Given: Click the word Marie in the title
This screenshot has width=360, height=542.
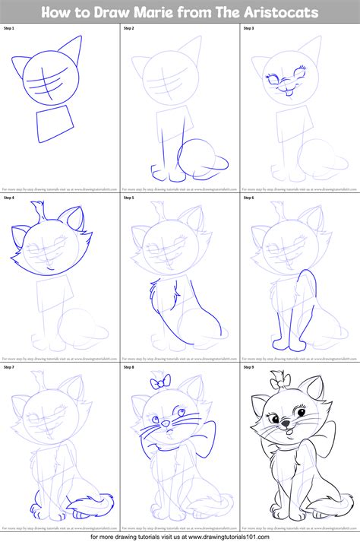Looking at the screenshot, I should tap(160, 11).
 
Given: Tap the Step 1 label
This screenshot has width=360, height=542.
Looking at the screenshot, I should tap(9, 28).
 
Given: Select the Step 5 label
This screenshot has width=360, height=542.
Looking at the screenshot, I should tap(129, 197).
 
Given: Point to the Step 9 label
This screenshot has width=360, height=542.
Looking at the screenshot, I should tap(248, 367).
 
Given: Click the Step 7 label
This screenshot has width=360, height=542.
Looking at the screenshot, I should tap(9, 367).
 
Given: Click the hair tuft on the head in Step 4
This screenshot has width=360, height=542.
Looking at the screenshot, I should tap(35, 212).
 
